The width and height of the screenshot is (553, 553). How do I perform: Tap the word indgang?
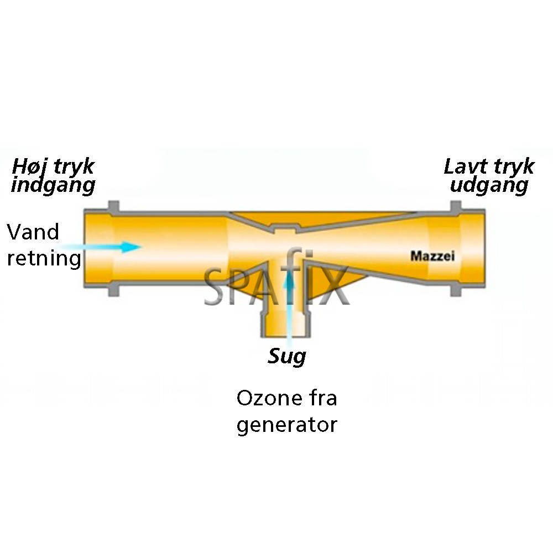coord(53,185)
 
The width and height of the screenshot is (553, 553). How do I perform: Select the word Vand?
coord(33,232)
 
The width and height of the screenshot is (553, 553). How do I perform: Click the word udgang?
coord(489,185)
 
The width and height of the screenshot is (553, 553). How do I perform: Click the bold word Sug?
coord(287,357)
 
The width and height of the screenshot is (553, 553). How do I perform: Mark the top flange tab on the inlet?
coord(114,206)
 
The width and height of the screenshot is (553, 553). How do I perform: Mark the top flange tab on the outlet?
coord(457,206)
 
